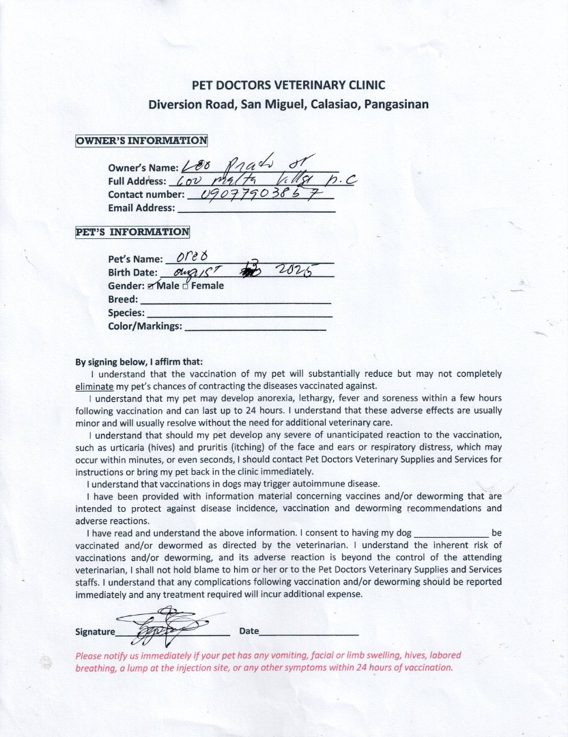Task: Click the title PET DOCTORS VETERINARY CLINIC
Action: point(288,85)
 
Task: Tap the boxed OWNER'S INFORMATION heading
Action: point(141,141)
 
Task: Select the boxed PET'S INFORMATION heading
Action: point(132,231)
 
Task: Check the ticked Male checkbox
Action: point(161,285)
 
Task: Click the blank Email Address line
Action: point(256,209)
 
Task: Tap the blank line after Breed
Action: point(235,300)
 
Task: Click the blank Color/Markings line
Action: point(255,328)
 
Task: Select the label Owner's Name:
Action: point(143,168)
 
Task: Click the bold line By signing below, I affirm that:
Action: point(139,362)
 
